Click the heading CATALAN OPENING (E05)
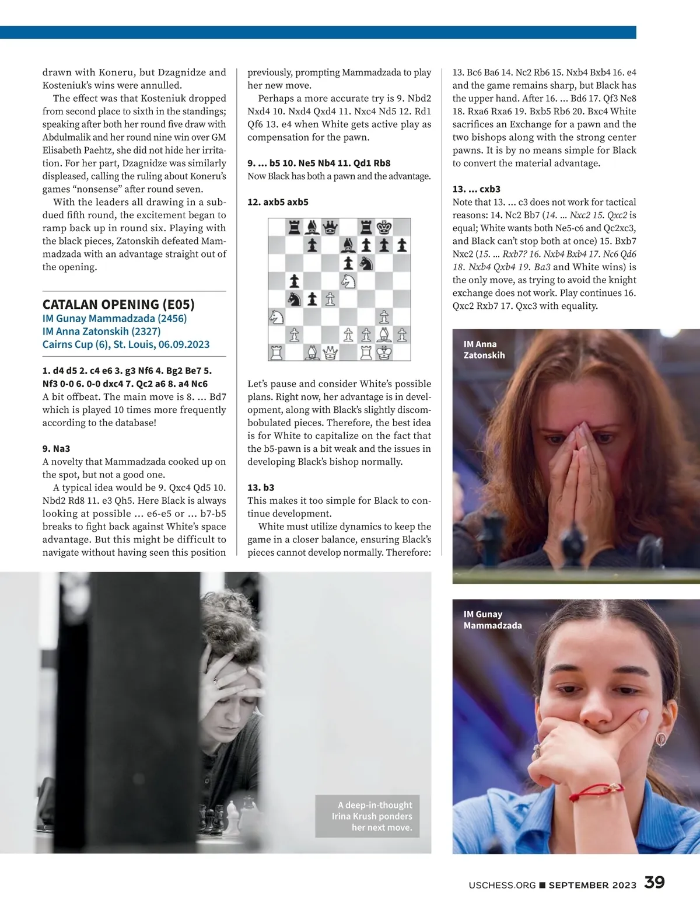tap(118, 304)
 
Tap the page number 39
tap(654, 882)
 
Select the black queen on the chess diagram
tap(330, 226)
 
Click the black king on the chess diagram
tap(384, 226)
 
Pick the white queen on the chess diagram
tap(330, 353)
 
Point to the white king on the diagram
tap(384, 353)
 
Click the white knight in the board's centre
tap(348, 281)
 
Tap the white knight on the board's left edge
tap(276, 317)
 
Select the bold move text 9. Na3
tap(56, 448)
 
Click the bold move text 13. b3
tap(261, 487)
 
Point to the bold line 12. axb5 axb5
tap(278, 202)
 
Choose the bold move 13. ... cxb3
tap(476, 189)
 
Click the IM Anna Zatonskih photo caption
tap(484, 350)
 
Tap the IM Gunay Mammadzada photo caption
tap(492, 619)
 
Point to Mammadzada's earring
tap(661, 740)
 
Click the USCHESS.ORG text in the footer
tap(502, 885)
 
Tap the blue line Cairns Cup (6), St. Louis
tap(125, 344)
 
